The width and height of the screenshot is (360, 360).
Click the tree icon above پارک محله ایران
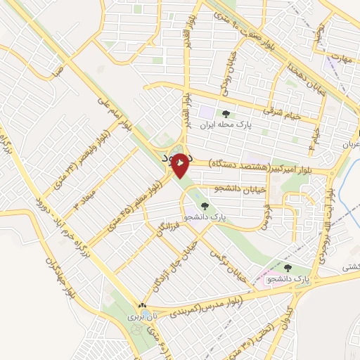225,114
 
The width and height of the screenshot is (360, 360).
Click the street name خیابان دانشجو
226,187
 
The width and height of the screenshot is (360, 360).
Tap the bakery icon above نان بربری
143,306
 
